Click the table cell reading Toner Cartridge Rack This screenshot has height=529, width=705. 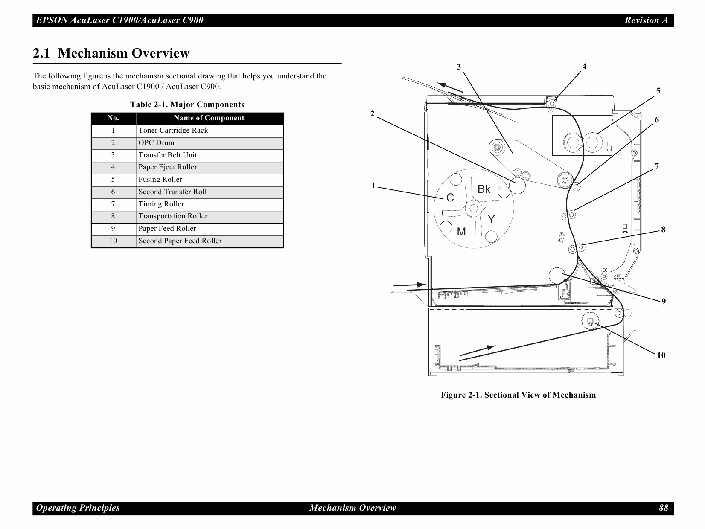pyautogui.click(x=173, y=131)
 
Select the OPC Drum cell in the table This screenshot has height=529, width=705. pyautogui.click(x=156, y=143)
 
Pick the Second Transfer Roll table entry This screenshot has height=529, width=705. pyautogui.click(x=172, y=192)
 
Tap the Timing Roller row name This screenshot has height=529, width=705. pyautogui.click(x=161, y=204)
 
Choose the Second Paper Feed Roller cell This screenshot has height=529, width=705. pyautogui.click(x=180, y=241)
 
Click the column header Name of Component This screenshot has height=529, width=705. pyautogui.click(x=209, y=118)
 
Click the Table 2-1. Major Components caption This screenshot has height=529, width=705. pyautogui.click(x=187, y=105)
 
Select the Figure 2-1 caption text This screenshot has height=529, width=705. pyautogui.click(x=518, y=395)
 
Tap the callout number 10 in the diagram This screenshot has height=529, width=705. pyautogui.click(x=661, y=355)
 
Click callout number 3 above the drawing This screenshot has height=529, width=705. pyautogui.click(x=459, y=67)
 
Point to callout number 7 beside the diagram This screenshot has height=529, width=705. pyautogui.click(x=657, y=166)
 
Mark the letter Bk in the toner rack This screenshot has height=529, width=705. pyautogui.click(x=484, y=189)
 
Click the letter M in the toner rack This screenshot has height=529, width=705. pyautogui.click(x=461, y=232)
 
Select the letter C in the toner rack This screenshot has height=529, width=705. pyautogui.click(x=450, y=198)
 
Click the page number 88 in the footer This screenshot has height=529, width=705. pyautogui.click(x=663, y=508)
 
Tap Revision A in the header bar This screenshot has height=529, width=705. pyautogui.click(x=646, y=20)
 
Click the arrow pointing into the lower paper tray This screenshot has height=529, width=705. pyautogui.click(x=478, y=350)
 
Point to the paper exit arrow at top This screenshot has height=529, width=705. pyautogui.click(x=450, y=87)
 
